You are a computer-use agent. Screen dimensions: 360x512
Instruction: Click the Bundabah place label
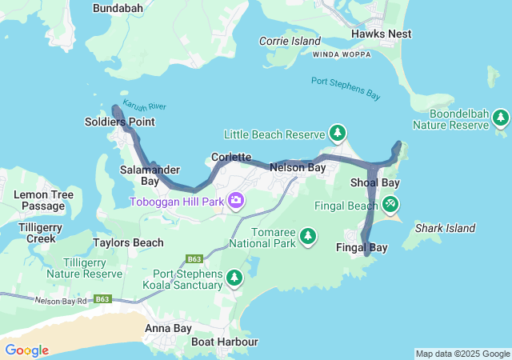coord(118,8)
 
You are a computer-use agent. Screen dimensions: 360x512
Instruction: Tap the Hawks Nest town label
coord(382,34)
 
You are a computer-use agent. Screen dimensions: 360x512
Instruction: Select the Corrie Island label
coord(290,41)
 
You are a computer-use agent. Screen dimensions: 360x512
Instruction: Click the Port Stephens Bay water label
coord(346,87)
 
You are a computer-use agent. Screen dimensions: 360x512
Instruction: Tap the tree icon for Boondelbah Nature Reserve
coord(501,118)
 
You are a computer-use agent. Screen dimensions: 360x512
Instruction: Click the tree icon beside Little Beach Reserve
coord(338,133)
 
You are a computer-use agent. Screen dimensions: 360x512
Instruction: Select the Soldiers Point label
coord(119,122)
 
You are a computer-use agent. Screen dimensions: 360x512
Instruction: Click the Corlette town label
coord(232,157)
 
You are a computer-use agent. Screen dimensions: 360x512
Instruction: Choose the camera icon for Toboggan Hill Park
coord(236,200)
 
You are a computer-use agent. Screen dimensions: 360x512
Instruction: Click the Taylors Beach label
coord(128,242)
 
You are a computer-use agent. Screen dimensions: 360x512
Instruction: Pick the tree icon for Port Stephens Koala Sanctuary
coord(234,278)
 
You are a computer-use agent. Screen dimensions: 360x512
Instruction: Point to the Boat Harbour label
coord(225,342)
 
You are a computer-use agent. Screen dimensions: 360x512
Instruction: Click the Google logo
coord(26,350)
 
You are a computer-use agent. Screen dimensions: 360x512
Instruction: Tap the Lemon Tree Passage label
coord(44,200)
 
